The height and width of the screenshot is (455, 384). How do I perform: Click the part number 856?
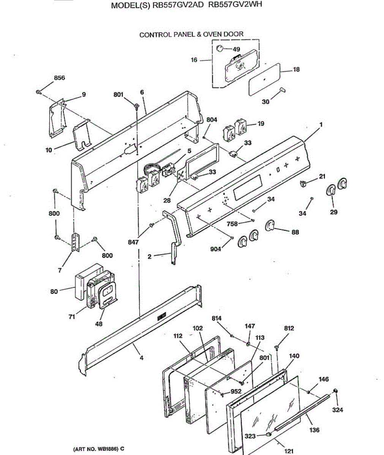(59, 78)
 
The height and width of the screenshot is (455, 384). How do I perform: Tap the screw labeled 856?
(39, 91)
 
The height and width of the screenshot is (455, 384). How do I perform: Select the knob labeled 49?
(220, 48)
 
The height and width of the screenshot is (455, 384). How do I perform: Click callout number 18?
(296, 69)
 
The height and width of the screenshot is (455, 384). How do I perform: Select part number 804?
(212, 120)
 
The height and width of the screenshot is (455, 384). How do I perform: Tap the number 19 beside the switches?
(261, 124)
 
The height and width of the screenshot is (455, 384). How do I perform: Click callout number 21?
(322, 176)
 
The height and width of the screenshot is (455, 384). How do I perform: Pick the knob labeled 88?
(270, 226)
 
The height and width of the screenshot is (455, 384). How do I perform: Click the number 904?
(215, 249)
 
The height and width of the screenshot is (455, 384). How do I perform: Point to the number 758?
(232, 224)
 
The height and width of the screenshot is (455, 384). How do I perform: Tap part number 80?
(54, 291)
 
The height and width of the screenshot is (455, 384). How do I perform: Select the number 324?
(337, 410)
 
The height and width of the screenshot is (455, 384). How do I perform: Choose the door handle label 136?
(314, 430)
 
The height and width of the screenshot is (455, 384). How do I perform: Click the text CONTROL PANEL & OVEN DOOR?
(191, 35)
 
